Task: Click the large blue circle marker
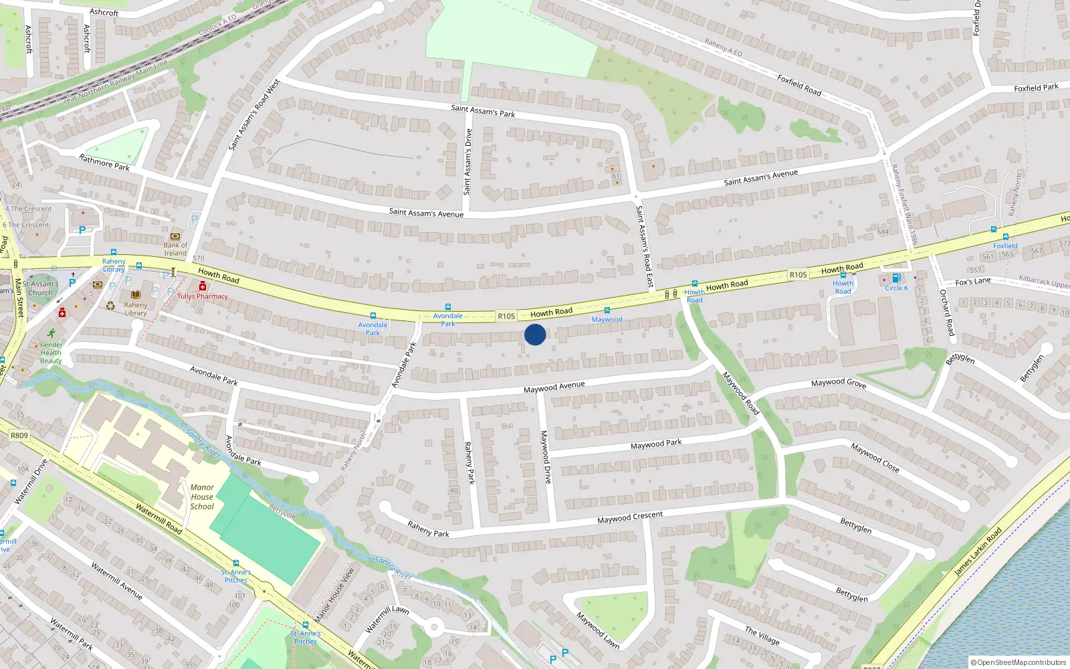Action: pyautogui.click(x=535, y=334)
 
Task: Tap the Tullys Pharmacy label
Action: pyautogui.click(x=203, y=296)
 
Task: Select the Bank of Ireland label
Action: pyautogui.click(x=175, y=249)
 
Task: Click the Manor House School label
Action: pyautogui.click(x=202, y=497)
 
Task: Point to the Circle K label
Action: pyautogui.click(x=896, y=288)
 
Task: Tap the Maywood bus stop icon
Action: pyautogui.click(x=607, y=310)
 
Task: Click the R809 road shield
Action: pyautogui.click(x=19, y=436)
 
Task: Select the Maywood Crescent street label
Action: pyautogui.click(x=630, y=518)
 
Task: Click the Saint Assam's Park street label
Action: pyautogui.click(x=483, y=111)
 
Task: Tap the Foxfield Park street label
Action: pyautogui.click(x=1036, y=88)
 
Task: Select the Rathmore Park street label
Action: pyautogui.click(x=104, y=163)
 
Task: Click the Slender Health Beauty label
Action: pyautogui.click(x=51, y=353)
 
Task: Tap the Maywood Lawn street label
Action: pyautogui.click(x=598, y=631)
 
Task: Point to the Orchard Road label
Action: pyautogui.click(x=947, y=312)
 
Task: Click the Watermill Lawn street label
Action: pyautogui.click(x=387, y=619)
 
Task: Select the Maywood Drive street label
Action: pyautogui.click(x=546, y=457)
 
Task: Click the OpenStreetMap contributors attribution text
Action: pyautogui.click(x=1018, y=663)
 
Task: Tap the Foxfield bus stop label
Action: pyautogui.click(x=1005, y=246)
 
